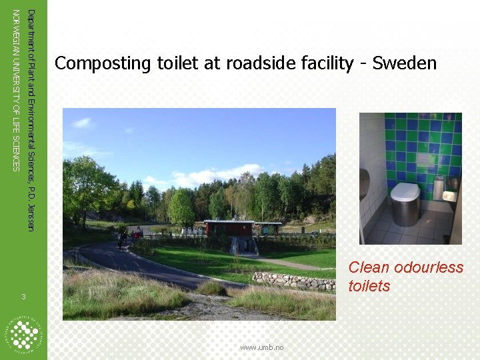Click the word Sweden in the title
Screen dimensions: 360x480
tap(405, 63)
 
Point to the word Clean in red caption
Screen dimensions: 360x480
tap(369, 267)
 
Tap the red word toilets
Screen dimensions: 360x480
tap(369, 286)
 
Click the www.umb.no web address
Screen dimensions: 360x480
tap(262, 347)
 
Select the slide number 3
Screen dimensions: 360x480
tap(23, 297)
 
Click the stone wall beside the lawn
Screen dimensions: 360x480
tap(294, 281)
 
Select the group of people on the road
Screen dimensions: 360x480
tap(129, 235)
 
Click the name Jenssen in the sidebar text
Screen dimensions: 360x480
tap(30, 215)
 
